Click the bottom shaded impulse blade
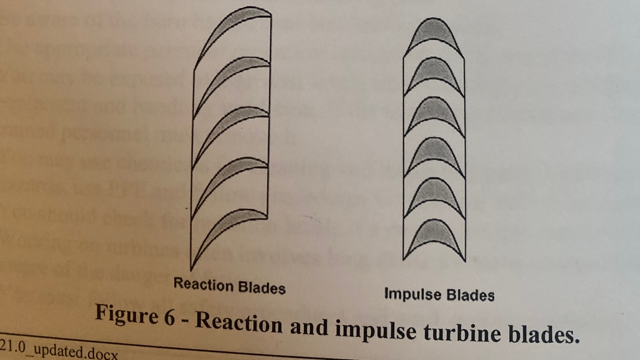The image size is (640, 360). click(x=434, y=235)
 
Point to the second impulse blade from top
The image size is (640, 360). click(x=434, y=72)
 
